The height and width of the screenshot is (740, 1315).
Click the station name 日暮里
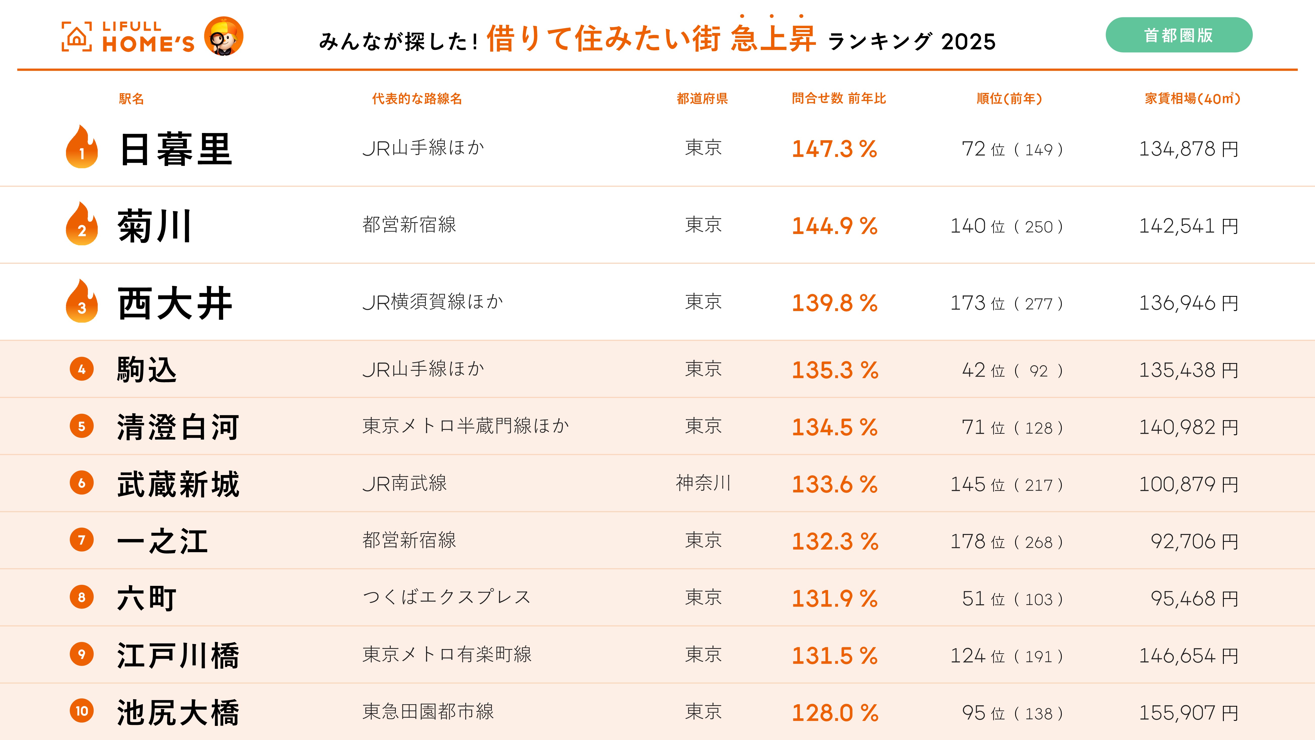click(x=176, y=149)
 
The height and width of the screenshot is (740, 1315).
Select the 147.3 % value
click(x=834, y=149)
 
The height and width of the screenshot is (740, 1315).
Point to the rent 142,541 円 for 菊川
click(x=1188, y=226)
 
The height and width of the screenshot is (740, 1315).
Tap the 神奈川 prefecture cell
click(x=703, y=483)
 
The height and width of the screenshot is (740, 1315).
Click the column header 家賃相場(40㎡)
click(x=1192, y=98)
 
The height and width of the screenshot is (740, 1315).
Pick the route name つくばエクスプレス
click(x=447, y=597)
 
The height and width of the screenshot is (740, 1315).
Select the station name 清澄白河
click(x=178, y=427)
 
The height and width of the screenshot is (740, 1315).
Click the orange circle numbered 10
click(x=82, y=711)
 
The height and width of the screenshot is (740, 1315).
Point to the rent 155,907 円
click(x=1188, y=713)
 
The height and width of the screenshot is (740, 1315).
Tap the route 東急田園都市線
click(x=428, y=711)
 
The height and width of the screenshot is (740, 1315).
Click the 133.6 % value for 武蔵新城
click(x=834, y=484)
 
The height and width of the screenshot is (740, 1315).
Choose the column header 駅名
click(x=131, y=98)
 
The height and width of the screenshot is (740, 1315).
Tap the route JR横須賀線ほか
click(x=432, y=302)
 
